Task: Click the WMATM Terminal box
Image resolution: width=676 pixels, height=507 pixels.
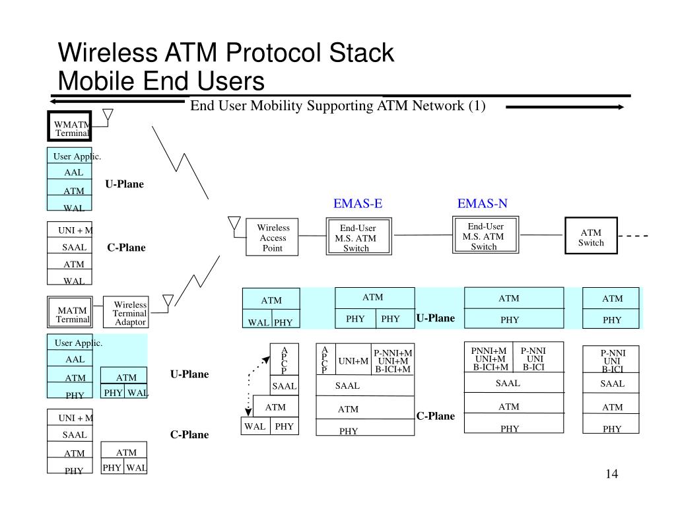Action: click(69, 127)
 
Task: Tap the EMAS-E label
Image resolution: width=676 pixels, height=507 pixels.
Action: click(358, 203)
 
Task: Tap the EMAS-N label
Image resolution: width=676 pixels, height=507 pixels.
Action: click(483, 203)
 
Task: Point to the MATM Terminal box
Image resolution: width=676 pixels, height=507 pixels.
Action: click(71, 314)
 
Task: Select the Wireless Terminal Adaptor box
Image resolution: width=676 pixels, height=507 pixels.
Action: click(130, 313)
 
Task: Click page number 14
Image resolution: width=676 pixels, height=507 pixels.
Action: click(611, 475)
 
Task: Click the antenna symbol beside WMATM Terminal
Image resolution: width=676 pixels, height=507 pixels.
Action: click(108, 118)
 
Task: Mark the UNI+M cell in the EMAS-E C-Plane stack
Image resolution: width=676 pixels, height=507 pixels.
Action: click(353, 361)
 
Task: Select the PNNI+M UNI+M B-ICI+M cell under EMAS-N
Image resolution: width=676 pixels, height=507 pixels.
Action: click(491, 358)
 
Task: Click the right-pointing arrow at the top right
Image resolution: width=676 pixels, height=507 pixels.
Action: click(564, 108)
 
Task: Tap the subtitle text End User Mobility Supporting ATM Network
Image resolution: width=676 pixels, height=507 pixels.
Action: click(338, 106)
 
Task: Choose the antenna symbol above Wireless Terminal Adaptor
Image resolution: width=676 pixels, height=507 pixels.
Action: click(168, 302)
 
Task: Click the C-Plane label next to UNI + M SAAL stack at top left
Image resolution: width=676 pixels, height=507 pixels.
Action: click(126, 248)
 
